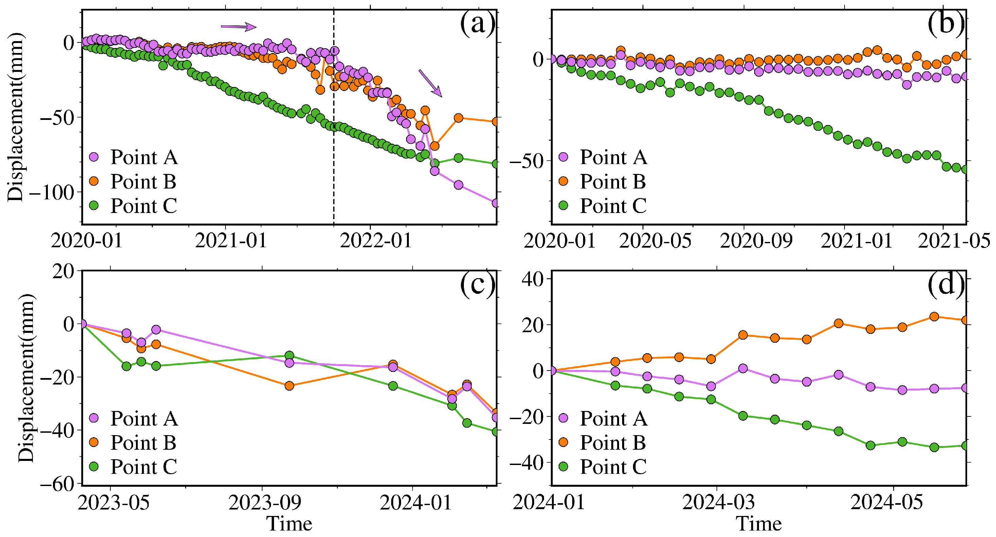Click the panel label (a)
477,24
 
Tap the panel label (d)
946,285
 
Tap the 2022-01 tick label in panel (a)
375,241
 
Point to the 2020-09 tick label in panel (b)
756,241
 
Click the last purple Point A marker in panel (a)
496,203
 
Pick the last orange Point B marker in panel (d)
965,320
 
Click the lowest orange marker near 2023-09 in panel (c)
289,386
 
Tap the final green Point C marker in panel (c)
496,431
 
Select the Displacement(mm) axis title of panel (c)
26,377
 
